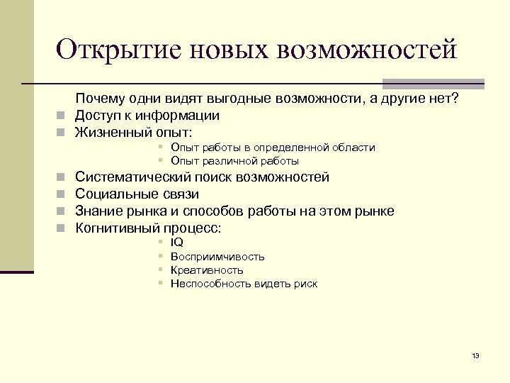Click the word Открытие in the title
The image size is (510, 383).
coord(113,50)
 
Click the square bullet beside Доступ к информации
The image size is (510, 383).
coord(62,116)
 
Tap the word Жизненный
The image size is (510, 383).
coord(110,132)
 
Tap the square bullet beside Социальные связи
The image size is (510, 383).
coord(62,194)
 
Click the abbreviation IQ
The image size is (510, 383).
coord(177,243)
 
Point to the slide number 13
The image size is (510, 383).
coord(475,355)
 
